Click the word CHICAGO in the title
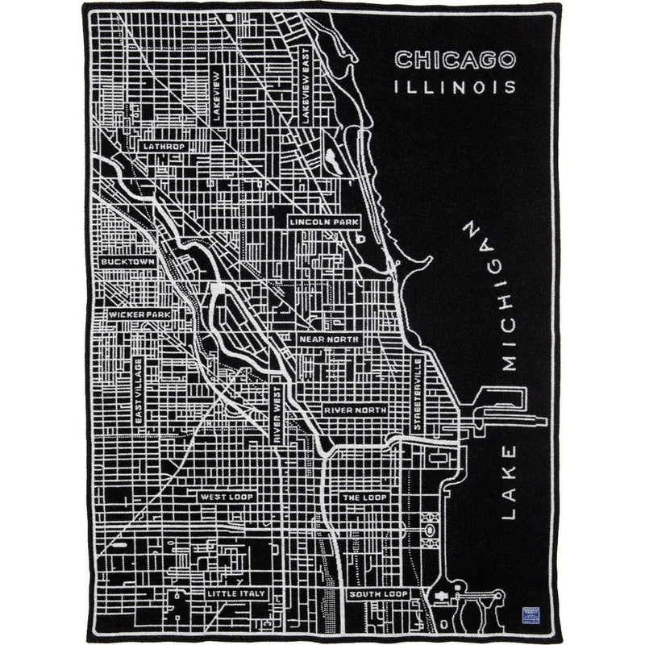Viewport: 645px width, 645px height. [454, 60]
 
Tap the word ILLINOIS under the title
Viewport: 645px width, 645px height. [455, 85]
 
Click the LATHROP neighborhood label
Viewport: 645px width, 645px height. [164, 147]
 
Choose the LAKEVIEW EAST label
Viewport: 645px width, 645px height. [305, 85]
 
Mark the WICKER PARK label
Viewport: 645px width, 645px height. [139, 314]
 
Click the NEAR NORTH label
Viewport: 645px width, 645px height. [328, 339]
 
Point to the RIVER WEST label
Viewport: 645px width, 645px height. [277, 411]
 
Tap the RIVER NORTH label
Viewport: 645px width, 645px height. [355, 410]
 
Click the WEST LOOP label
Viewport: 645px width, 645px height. [227, 497]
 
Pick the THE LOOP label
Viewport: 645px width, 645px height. [364, 497]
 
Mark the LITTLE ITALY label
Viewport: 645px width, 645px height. [235, 593]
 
